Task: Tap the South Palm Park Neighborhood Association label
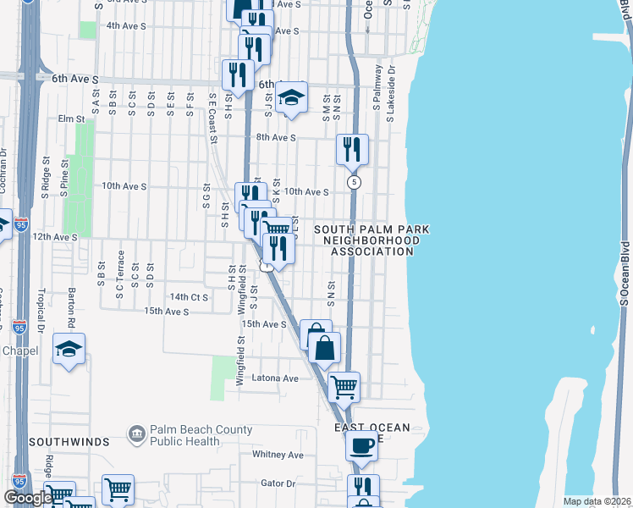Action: [372, 240]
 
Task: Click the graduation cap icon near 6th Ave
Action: [291, 98]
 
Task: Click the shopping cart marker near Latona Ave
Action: [344, 387]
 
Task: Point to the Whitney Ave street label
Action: [278, 455]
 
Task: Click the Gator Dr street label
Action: [278, 483]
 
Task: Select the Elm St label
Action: [69, 119]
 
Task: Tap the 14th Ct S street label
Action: [188, 297]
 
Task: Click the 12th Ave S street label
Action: [54, 238]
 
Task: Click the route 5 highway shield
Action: [353, 182]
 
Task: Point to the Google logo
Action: [28, 498]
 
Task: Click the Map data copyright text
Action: [596, 501]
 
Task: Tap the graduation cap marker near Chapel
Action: [69, 349]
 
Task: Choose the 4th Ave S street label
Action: [126, 26]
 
